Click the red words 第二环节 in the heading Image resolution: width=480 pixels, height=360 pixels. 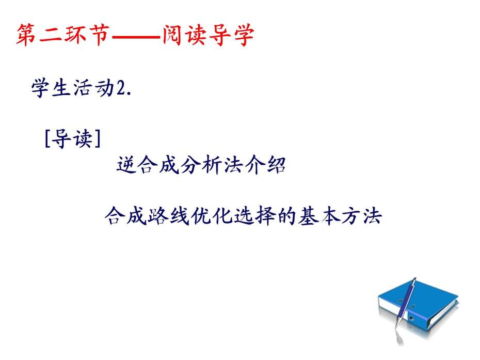click(x=63, y=35)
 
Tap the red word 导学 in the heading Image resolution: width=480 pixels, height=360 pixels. click(x=231, y=35)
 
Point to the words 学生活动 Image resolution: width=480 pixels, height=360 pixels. click(x=73, y=88)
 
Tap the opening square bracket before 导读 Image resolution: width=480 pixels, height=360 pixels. click(x=47, y=139)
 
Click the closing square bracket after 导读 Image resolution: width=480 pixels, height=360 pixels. click(x=98, y=139)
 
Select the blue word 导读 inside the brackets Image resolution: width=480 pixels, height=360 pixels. click(x=73, y=139)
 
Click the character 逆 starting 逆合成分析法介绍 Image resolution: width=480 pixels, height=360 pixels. click(x=126, y=165)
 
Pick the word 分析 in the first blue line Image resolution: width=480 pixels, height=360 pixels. click(x=200, y=165)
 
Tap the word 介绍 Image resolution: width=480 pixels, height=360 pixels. click(x=265, y=165)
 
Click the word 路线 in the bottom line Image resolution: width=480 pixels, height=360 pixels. click(x=168, y=216)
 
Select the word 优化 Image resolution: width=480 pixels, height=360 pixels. click(x=211, y=216)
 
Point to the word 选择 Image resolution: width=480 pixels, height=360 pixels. click(x=254, y=216)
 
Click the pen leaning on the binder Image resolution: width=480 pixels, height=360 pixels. click(x=405, y=309)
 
